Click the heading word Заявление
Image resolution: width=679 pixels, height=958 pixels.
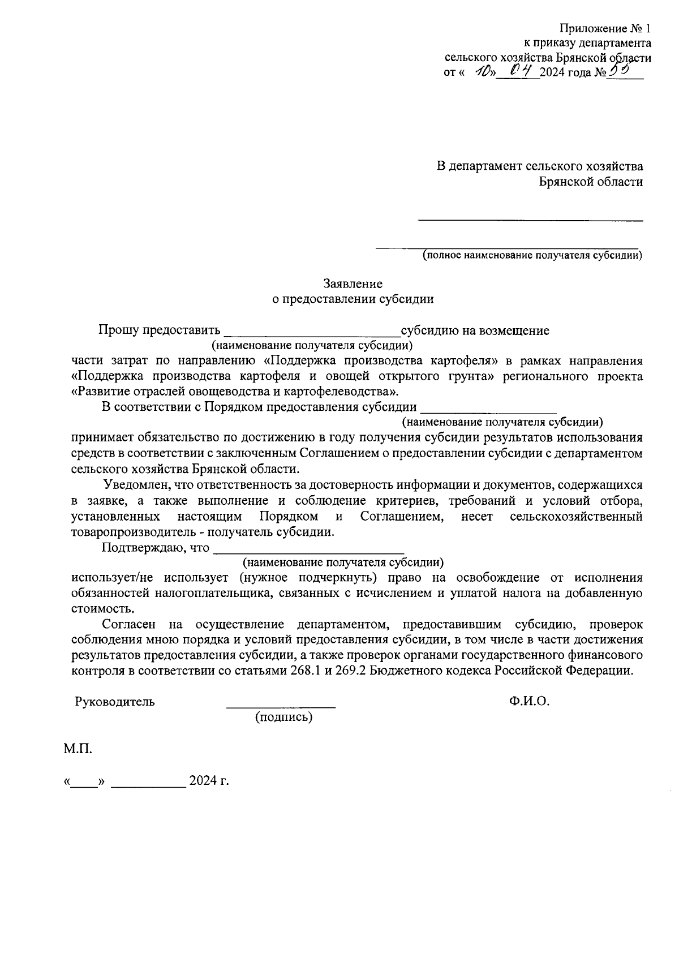click(x=353, y=283)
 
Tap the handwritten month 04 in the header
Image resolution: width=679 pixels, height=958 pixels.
click(x=519, y=70)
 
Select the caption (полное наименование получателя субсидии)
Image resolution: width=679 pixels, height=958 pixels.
click(x=532, y=255)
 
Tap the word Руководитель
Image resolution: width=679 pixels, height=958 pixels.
click(x=115, y=702)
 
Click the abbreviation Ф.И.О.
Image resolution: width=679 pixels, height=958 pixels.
click(x=529, y=701)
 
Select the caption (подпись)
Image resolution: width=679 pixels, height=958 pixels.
click(x=283, y=718)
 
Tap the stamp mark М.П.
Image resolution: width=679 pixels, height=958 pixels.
click(x=78, y=749)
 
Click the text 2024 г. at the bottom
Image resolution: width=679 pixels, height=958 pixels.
click(x=209, y=781)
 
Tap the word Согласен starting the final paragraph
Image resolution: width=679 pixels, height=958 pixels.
click(x=127, y=624)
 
